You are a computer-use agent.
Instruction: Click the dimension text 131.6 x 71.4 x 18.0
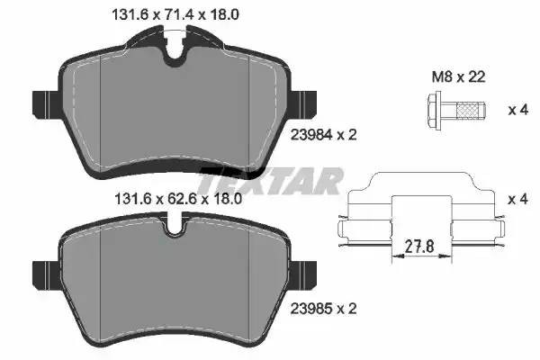tap(175, 14)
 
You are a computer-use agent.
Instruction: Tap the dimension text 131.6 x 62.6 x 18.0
tap(177, 199)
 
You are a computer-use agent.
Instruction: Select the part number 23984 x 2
tap(323, 135)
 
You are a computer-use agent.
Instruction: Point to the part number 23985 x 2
tap(323, 309)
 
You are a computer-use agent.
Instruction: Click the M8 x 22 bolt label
tap(458, 76)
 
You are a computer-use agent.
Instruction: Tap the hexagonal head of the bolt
tap(435, 110)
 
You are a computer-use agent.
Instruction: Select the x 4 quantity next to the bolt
tap(518, 110)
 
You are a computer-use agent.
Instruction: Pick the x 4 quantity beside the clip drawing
tap(517, 199)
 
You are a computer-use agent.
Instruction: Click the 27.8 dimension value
tap(419, 247)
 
